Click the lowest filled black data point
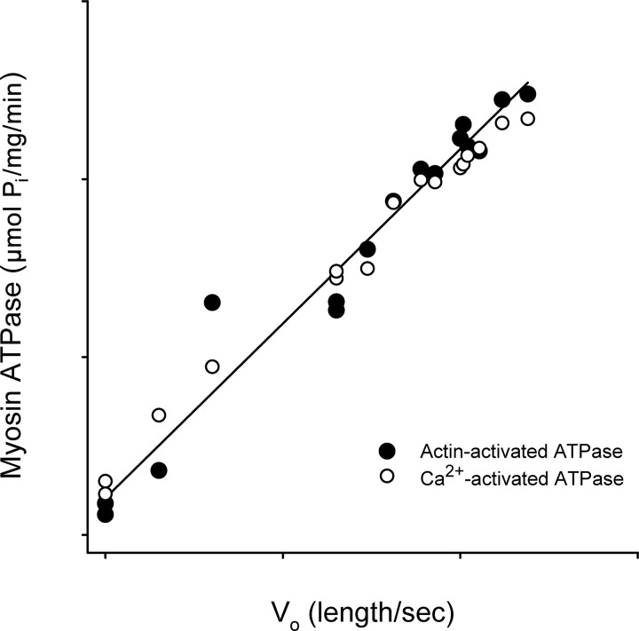click(106, 514)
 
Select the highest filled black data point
click(528, 94)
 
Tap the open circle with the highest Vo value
click(528, 118)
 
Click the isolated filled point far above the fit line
click(212, 303)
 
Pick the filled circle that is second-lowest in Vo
click(159, 470)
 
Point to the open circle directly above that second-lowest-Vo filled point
click(159, 414)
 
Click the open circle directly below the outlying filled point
click(212, 367)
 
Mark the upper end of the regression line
click(530, 81)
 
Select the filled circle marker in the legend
click(386, 450)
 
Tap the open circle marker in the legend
click(386, 477)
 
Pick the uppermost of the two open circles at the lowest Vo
click(106, 481)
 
